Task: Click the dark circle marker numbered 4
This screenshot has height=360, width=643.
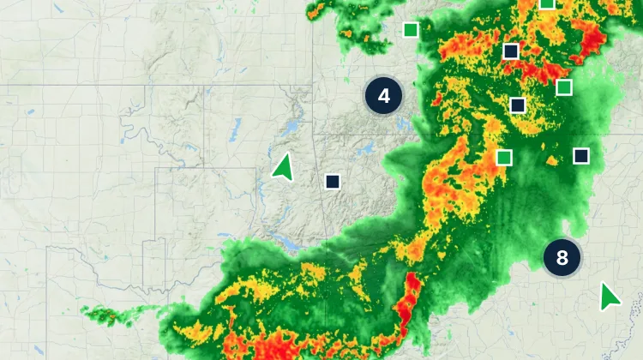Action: tap(384, 95)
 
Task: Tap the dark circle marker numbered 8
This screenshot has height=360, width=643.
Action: tap(562, 257)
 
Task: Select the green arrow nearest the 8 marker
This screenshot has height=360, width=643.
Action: tap(609, 297)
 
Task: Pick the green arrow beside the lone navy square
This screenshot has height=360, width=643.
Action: tap(282, 167)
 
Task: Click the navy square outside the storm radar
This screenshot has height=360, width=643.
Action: tap(333, 181)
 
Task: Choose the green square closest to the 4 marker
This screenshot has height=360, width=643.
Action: tap(411, 31)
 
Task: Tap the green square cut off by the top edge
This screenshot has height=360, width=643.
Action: tap(547, 3)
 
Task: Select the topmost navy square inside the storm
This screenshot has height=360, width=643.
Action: tap(511, 51)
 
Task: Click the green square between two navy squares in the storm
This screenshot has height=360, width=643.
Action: tap(563, 87)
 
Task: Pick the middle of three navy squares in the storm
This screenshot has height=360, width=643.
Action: tap(517, 105)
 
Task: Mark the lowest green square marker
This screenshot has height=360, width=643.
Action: tap(504, 157)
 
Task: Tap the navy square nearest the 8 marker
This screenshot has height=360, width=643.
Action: tap(581, 155)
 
